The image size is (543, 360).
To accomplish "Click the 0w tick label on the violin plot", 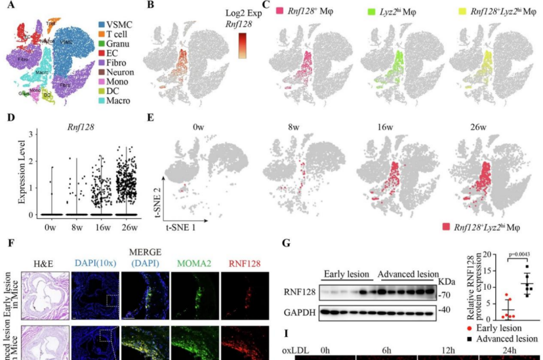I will tap(50, 228).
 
